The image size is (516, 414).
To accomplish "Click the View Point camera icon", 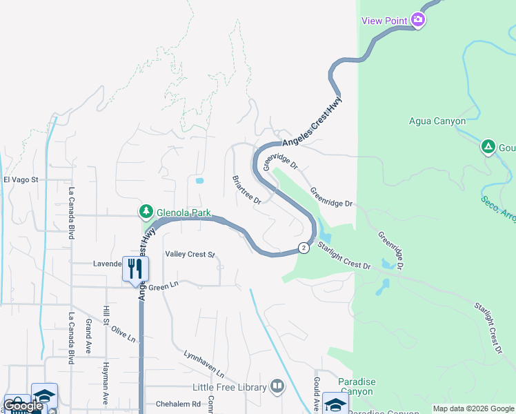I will pyautogui.click(x=417, y=20).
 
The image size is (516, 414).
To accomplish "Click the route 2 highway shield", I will pyautogui.click(x=303, y=247).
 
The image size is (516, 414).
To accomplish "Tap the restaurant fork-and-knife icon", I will pyautogui.click(x=135, y=268).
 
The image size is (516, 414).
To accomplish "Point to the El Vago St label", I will pyautogui.click(x=20, y=179).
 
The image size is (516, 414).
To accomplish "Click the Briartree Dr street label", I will pyautogui.click(x=246, y=189).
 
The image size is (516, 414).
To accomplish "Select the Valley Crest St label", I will pyautogui.click(x=190, y=255).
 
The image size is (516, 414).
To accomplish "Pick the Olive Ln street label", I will pyautogui.click(x=123, y=333).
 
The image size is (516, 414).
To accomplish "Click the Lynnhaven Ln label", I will pyautogui.click(x=204, y=363).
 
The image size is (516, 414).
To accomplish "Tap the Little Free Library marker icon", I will pyautogui.click(x=277, y=386).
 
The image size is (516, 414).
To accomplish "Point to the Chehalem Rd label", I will pyautogui.click(x=177, y=404).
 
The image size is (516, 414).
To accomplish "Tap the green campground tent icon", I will pyautogui.click(x=488, y=146).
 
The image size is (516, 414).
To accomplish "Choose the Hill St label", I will pyautogui.click(x=107, y=315).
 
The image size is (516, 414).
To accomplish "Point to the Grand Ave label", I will pyautogui.click(x=88, y=337).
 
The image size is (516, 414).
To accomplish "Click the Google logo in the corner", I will pyautogui.click(x=22, y=406).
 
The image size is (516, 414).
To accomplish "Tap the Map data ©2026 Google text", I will pyautogui.click(x=473, y=408).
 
